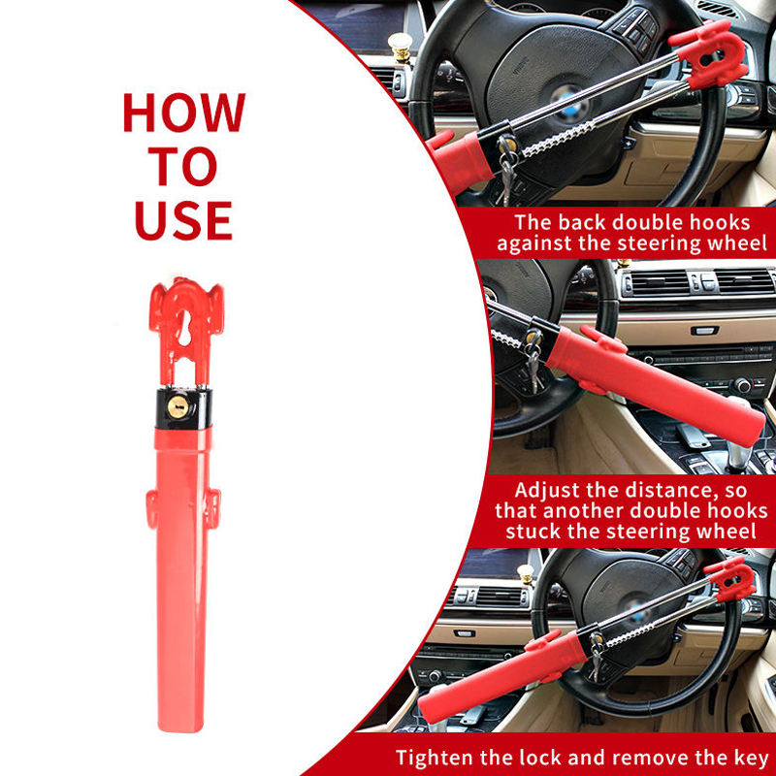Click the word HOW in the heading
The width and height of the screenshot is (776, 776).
pos(184,113)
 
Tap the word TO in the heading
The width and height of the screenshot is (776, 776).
pos(183,166)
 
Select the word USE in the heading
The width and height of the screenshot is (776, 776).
pos(183,220)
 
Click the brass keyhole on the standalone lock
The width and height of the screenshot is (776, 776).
pos(178,406)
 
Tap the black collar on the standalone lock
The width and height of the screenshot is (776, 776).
pos(183,408)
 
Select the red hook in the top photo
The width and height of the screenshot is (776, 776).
pos(709,54)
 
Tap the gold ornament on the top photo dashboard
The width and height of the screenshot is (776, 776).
pos(400,47)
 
